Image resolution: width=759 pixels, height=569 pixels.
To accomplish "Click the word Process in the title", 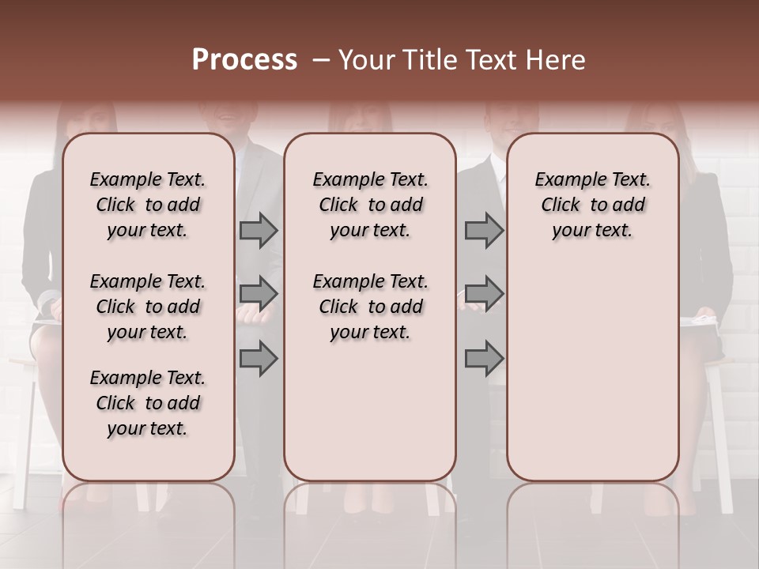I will (244, 59).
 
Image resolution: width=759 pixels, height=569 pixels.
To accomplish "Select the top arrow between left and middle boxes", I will (259, 231).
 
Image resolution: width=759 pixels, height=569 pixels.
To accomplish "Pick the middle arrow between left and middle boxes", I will (259, 294).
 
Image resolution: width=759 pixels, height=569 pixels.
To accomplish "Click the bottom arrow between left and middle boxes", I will (259, 358).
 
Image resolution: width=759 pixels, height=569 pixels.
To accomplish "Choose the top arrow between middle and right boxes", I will (484, 231).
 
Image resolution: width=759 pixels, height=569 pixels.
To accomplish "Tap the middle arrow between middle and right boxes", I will (484, 294).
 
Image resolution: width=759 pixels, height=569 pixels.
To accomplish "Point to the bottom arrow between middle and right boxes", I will (484, 358).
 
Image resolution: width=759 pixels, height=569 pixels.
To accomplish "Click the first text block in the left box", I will (148, 205).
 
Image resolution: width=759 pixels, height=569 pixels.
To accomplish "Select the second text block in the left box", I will (148, 307).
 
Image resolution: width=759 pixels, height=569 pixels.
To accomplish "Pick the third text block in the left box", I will (148, 403).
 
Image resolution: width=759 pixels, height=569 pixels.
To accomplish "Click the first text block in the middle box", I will (370, 205).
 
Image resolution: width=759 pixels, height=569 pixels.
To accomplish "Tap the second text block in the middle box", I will (370, 307).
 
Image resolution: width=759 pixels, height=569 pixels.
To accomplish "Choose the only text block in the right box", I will (592, 205).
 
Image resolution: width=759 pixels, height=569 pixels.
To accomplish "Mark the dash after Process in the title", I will (320, 60).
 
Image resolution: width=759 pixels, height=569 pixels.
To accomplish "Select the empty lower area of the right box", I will (592, 364).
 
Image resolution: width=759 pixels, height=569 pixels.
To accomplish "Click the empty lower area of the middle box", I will (370, 411).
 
